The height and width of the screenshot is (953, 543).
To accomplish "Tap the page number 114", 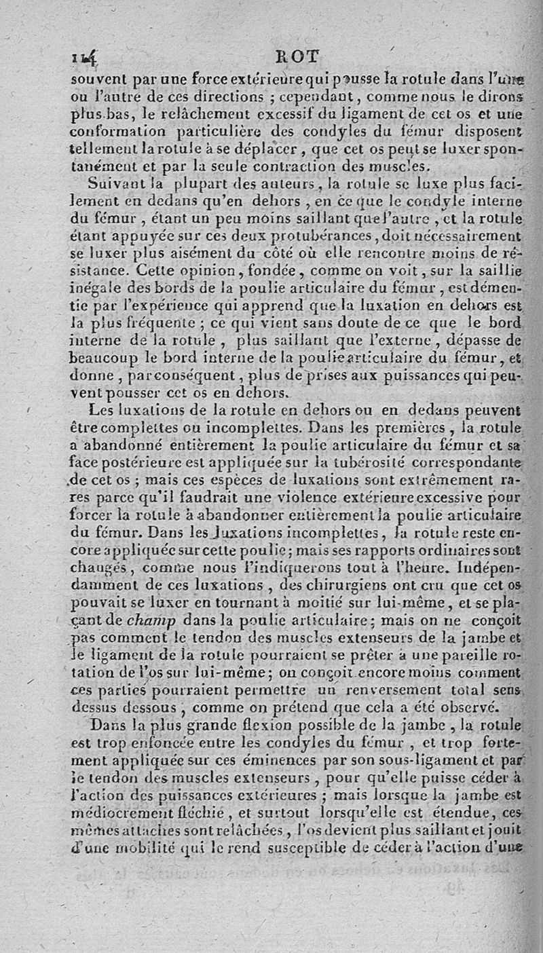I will [85, 59].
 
